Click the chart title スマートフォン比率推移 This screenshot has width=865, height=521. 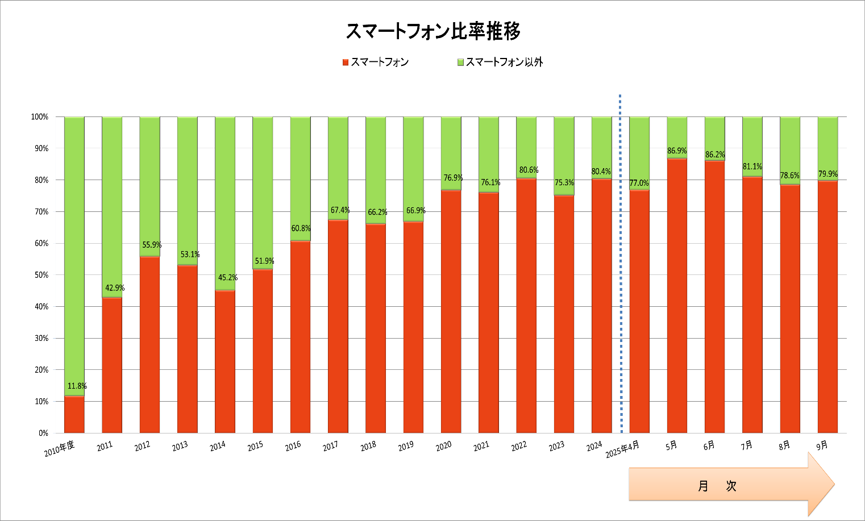pos(432,32)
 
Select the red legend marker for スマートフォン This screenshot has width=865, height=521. pos(345,62)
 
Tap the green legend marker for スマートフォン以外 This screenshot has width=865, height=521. pos(460,62)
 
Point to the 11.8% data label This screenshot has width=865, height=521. pos(77,386)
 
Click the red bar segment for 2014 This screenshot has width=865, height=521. pos(225,361)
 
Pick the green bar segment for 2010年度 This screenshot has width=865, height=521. pos(74,256)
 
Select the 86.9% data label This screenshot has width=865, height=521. pos(677,151)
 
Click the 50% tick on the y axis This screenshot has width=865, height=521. pos(40,275)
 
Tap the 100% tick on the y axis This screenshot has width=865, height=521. pos(39,117)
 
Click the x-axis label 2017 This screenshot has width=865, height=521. pos(330,447)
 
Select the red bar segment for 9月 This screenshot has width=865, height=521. pos(827,307)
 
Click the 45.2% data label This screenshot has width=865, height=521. pos(227,278)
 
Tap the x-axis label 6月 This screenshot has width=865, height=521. pos(709,446)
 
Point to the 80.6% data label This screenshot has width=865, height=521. pos(529,170)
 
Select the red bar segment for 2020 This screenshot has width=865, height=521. pos(451,311)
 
